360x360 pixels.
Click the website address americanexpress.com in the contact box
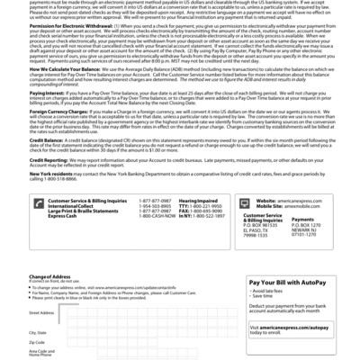coord(301,224)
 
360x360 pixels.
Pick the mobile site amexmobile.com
coord(298,229)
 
